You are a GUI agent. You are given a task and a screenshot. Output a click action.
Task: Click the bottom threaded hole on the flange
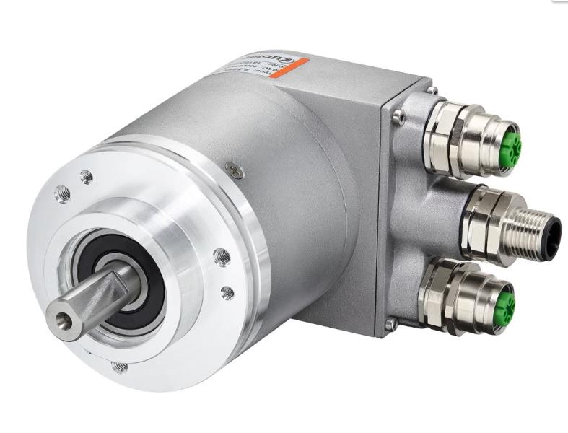tap(121, 367)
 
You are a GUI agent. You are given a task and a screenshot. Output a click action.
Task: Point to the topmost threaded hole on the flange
tap(87, 175)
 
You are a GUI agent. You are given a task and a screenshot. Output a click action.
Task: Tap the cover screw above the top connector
tap(432, 91)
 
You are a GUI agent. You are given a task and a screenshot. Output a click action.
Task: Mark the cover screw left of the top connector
tap(396, 115)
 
